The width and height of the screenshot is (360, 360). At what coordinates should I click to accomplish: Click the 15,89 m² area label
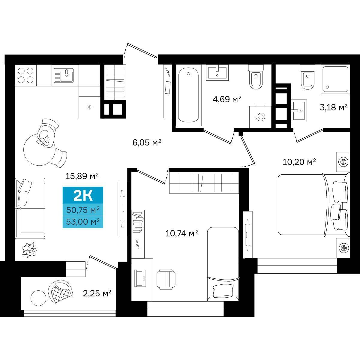[82, 176]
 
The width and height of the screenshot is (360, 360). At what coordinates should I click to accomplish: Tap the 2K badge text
[83, 196]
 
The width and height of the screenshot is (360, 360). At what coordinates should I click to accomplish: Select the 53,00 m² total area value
[83, 222]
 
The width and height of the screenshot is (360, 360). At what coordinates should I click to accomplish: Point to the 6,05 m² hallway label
[147, 143]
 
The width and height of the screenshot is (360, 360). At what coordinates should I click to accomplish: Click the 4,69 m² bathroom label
[227, 99]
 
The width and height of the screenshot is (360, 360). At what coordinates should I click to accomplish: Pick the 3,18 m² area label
[334, 107]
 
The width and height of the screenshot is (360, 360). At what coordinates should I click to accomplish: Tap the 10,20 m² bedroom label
[299, 162]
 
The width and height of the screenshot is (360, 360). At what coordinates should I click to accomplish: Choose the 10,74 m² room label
[182, 233]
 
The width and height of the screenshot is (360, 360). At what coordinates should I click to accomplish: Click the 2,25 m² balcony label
[97, 293]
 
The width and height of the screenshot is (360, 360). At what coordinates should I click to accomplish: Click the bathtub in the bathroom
[188, 95]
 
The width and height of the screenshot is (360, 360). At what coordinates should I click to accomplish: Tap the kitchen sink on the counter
[64, 75]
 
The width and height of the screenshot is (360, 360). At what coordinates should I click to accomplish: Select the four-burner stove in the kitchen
[25, 76]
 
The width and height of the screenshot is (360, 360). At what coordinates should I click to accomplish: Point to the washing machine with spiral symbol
[260, 117]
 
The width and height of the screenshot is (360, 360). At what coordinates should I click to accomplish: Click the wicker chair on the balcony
[60, 292]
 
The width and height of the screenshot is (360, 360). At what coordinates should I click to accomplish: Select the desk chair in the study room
[166, 279]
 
